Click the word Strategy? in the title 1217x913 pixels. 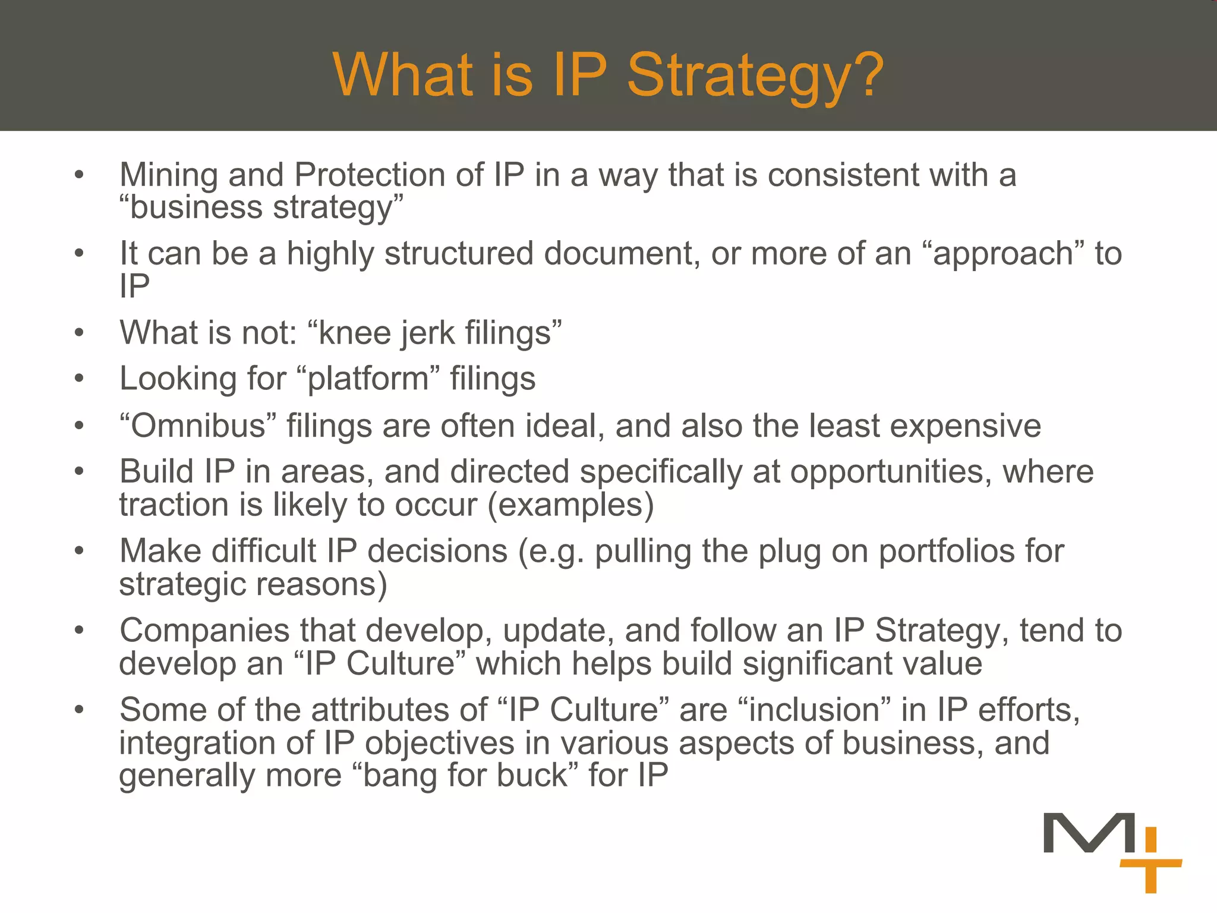[x=755, y=75]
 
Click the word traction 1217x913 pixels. [x=174, y=505]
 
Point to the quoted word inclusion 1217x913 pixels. [x=815, y=710]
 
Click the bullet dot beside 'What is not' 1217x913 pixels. [x=79, y=333]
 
